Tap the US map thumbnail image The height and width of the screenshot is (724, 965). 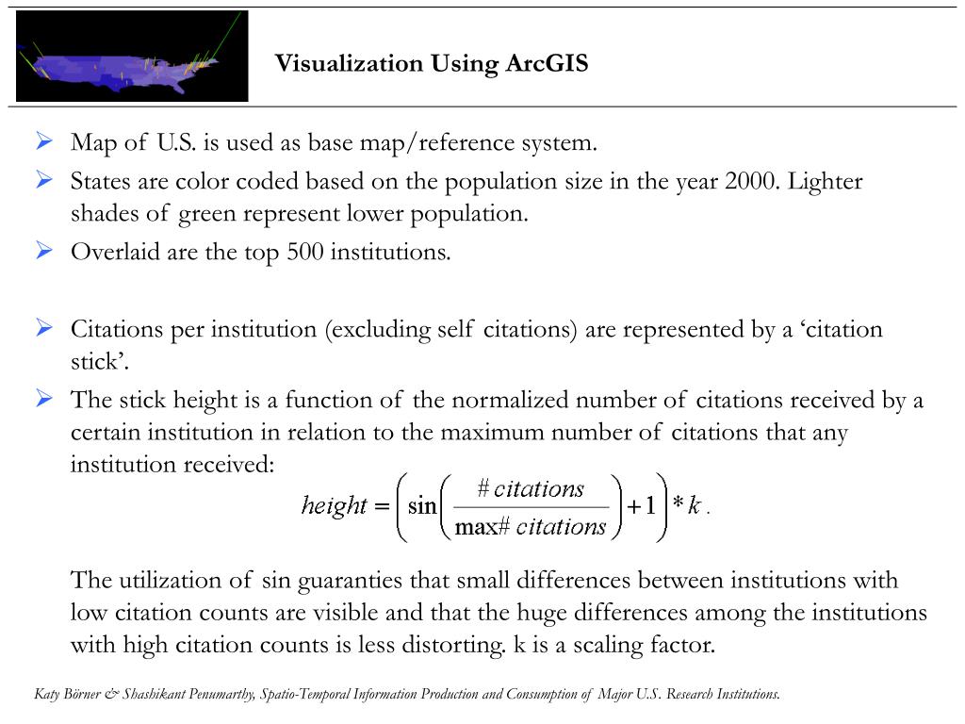coord(132,57)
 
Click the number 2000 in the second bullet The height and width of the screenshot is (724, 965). coord(750,181)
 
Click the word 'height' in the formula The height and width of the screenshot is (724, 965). coord(334,506)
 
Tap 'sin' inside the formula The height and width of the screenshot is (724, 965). coord(422,506)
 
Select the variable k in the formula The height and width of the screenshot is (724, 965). coord(694,506)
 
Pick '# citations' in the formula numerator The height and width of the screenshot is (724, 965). coord(531,488)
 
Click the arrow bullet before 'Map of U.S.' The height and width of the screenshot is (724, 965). coord(44,142)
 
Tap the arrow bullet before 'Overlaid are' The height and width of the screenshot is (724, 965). coord(44,252)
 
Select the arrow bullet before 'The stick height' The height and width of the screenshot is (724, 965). coord(44,399)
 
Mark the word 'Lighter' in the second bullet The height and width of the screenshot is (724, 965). coord(825,181)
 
